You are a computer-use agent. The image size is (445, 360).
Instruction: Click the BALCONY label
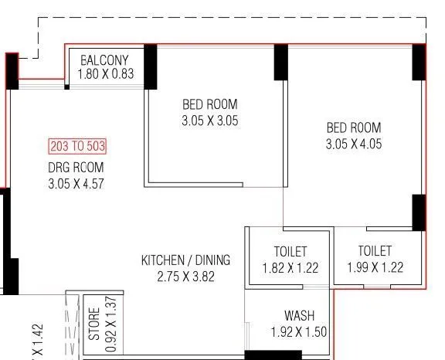104,60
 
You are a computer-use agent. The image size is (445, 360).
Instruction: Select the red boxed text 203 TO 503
77,146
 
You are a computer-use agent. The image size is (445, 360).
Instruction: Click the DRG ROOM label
75,167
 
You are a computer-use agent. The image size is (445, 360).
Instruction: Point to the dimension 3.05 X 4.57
75,183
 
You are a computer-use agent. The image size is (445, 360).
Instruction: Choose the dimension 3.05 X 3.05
209,121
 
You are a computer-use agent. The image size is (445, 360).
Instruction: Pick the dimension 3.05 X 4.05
353,144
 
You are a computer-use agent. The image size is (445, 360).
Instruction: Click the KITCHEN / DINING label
185,260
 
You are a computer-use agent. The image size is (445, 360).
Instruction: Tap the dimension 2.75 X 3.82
185,276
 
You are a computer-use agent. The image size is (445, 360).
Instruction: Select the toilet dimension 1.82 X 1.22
290,268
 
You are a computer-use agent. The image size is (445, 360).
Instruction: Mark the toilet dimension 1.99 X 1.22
375,267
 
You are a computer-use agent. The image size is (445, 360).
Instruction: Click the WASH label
299,316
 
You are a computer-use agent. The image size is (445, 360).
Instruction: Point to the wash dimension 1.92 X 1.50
299,332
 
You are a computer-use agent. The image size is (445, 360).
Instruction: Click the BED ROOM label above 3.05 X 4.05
353,127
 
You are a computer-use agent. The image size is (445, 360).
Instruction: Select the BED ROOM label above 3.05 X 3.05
209,104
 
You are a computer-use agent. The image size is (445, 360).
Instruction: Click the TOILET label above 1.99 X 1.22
375,251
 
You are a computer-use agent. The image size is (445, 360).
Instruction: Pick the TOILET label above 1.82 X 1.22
290,252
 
